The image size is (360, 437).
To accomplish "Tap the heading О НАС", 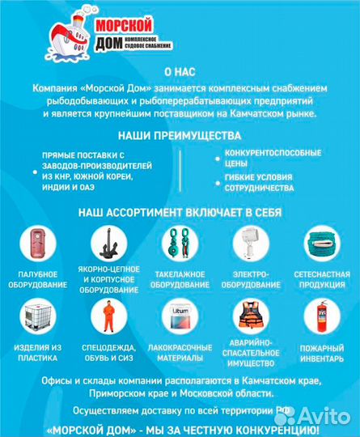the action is pos(180,72).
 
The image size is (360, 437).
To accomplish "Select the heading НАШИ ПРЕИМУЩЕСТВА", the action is pos(180,137).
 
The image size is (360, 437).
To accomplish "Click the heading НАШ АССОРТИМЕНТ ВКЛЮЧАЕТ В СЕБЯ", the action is pos(180,213).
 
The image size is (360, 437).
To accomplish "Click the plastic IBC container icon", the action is pos(36,318).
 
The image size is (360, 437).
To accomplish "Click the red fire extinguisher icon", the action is pos(322,318).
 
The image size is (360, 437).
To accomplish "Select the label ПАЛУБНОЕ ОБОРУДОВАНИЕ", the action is pos(36,279).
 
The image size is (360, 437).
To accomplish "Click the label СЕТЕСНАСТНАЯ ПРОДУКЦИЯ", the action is pos(322,279).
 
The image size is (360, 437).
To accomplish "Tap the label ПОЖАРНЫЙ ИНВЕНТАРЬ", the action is pos(322,353).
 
